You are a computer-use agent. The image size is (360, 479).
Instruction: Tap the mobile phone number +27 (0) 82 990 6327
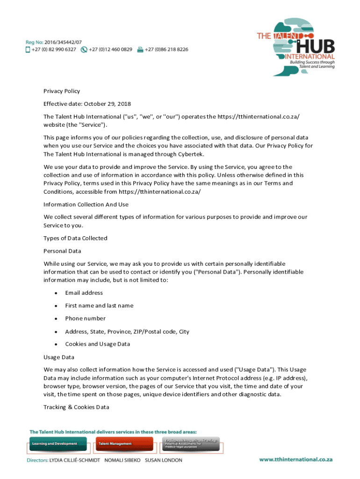click(x=54, y=49)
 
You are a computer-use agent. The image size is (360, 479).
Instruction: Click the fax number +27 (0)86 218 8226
click(x=166, y=49)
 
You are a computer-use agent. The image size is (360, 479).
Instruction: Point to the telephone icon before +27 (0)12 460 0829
click(x=84, y=49)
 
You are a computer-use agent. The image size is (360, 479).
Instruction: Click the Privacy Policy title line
click(x=62, y=91)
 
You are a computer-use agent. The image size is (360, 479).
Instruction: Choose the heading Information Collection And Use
click(x=86, y=204)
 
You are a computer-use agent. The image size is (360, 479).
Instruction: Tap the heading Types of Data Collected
click(x=75, y=238)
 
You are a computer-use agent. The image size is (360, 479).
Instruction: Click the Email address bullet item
click(x=84, y=293)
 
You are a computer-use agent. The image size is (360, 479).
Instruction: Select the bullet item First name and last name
click(x=99, y=305)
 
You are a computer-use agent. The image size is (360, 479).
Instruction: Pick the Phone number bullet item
click(x=86, y=319)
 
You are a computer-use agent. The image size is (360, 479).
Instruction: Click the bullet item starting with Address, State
click(x=127, y=332)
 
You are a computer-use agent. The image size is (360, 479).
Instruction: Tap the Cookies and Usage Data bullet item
click(x=98, y=344)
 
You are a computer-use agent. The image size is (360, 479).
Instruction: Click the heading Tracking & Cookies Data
click(x=76, y=407)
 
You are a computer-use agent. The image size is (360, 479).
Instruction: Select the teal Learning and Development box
click(x=58, y=443)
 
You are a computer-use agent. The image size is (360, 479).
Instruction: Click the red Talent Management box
click(x=123, y=443)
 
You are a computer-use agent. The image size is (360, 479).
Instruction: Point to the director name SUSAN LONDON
click(x=164, y=460)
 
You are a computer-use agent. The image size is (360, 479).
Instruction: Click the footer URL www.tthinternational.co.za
click(x=296, y=459)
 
